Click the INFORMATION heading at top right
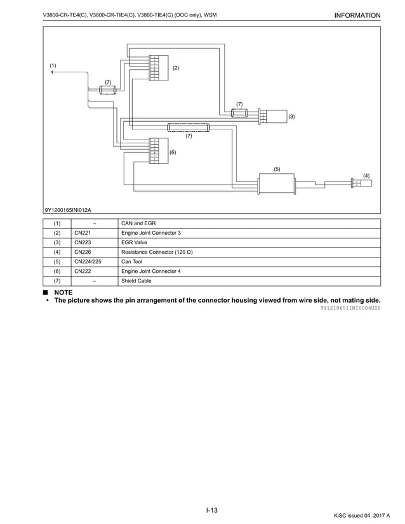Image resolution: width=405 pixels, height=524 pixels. [x=357, y=15]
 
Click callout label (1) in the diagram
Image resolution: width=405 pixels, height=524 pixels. [x=53, y=65]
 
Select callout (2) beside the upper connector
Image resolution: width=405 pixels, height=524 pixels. [x=176, y=67]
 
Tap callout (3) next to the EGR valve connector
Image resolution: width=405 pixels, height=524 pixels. [x=291, y=117]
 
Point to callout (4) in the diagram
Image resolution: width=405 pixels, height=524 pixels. [x=366, y=174]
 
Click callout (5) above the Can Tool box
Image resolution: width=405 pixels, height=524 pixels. [x=277, y=169]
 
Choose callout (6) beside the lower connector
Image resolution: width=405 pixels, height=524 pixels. [x=172, y=152]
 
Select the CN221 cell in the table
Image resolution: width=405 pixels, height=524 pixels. [x=83, y=233]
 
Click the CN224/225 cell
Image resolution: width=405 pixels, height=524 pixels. [x=88, y=261]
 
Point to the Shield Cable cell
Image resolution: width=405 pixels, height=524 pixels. [x=136, y=280]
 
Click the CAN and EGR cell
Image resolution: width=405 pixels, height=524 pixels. [x=138, y=223]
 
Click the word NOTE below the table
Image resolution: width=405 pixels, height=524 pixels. [x=63, y=292]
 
